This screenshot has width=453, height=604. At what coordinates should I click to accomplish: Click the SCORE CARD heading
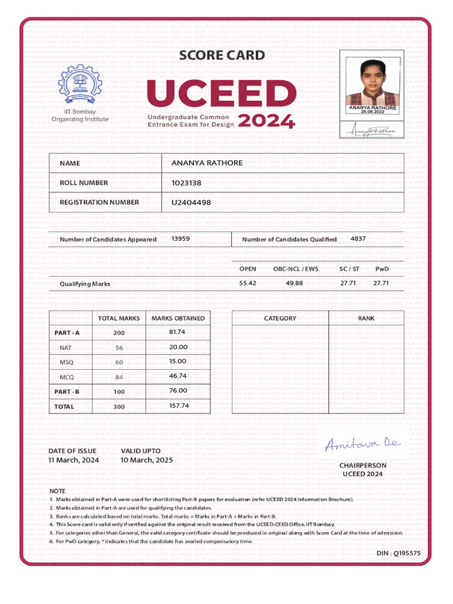(x=222, y=55)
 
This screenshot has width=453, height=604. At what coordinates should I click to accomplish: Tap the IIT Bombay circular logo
(x=80, y=84)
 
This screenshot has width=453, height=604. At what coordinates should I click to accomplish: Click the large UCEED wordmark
(x=222, y=94)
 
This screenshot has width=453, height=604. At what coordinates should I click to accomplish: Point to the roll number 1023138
(x=186, y=183)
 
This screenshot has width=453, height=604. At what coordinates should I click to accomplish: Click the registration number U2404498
(x=191, y=202)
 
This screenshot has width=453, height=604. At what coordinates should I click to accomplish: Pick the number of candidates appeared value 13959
(x=180, y=239)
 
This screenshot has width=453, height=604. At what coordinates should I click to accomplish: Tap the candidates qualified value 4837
(x=358, y=239)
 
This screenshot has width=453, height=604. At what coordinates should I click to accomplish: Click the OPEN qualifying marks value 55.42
(x=248, y=283)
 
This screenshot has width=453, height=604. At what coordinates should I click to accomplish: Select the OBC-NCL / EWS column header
(x=296, y=269)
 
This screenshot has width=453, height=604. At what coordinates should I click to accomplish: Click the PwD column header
(x=382, y=269)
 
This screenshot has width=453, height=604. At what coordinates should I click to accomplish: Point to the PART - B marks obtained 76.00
(x=178, y=390)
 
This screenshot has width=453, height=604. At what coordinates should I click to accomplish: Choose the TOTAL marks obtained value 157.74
(x=179, y=406)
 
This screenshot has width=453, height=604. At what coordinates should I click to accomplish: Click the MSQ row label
(x=66, y=362)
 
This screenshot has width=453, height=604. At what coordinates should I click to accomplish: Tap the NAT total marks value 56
(x=119, y=348)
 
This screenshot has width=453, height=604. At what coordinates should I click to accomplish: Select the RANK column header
(x=366, y=318)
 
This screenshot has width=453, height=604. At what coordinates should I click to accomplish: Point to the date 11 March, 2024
(x=74, y=460)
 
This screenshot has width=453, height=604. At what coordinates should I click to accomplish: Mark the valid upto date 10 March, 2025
(x=147, y=460)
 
